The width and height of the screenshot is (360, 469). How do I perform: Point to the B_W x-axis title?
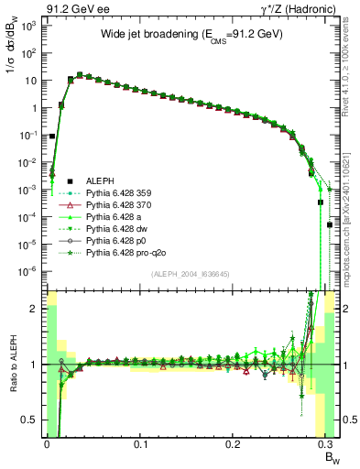pyautogui.click(x=326, y=459)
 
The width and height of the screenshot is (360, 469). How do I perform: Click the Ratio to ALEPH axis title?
pyautogui.click(x=11, y=364)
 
